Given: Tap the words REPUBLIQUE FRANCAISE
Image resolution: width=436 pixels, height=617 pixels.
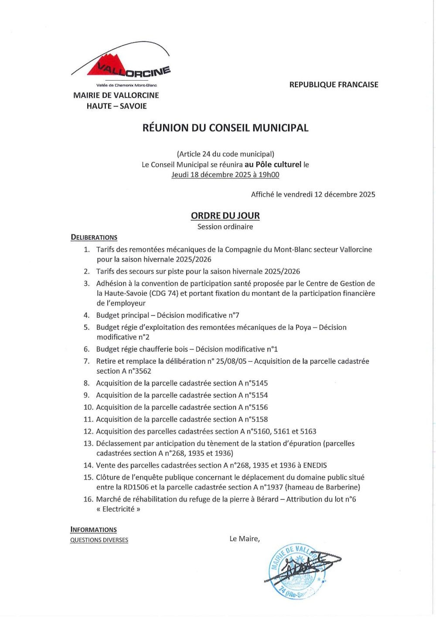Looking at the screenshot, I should tap(334, 85).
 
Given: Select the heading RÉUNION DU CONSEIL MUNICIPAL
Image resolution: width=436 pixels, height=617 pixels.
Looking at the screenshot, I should tap(225, 128).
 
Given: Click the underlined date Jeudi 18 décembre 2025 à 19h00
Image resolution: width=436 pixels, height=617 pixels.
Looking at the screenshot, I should tap(225, 175).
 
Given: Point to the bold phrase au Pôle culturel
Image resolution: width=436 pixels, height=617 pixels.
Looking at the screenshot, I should tap(273, 164).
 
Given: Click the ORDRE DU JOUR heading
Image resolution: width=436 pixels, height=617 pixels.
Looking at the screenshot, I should tap(225, 215).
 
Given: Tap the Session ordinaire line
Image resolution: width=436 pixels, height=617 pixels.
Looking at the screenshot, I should tap(225, 227).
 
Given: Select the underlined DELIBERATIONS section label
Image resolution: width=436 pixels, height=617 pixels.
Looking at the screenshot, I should tap(94, 237).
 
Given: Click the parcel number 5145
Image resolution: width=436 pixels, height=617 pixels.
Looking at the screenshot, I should tap(260, 383).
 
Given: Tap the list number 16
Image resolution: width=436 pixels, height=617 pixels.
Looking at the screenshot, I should tap(88, 499).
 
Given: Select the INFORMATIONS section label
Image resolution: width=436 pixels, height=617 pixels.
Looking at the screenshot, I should tap(94, 530).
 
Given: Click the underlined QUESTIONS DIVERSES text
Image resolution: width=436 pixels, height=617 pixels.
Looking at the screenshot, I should tap(99, 540).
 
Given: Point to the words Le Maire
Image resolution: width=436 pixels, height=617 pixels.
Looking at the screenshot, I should tap(244, 539).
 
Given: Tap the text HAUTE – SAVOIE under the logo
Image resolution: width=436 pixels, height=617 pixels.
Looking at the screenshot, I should tap(116, 106).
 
